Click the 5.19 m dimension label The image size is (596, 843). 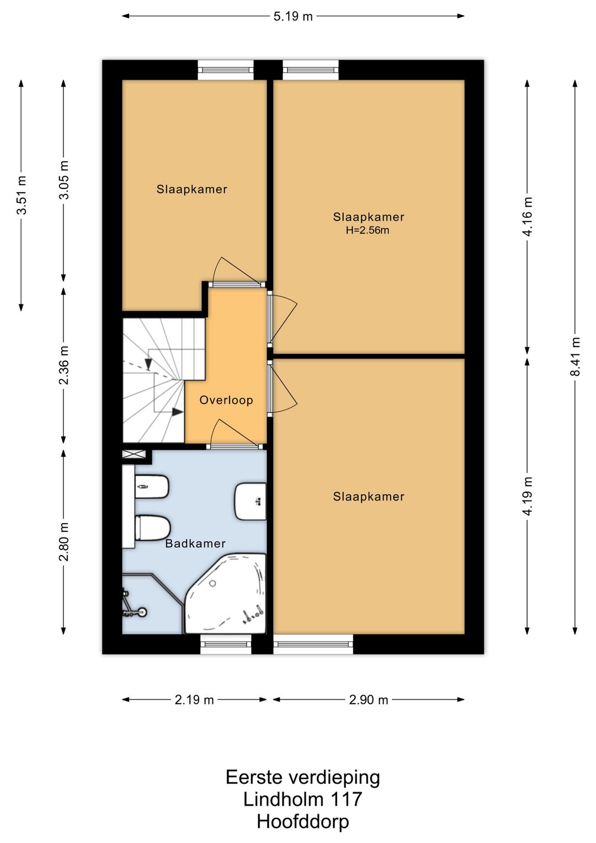point(293,17)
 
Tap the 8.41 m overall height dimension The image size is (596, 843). point(575,356)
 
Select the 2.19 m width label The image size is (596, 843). point(194,700)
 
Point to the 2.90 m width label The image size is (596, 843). point(369,700)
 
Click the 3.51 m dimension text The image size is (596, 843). point(22,195)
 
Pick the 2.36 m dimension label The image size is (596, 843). point(64,365)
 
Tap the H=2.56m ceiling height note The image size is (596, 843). point(368,230)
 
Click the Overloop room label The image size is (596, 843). point(226,399)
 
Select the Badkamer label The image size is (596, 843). point(195,544)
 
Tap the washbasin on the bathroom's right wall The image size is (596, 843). point(251,501)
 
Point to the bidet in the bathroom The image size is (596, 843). point(152,486)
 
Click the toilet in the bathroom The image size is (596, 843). point(152,527)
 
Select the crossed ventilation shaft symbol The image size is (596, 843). point(134,454)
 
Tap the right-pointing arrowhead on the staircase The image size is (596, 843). point(178,412)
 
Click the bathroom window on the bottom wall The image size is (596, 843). point(226,644)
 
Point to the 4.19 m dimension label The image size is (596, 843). point(528,496)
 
